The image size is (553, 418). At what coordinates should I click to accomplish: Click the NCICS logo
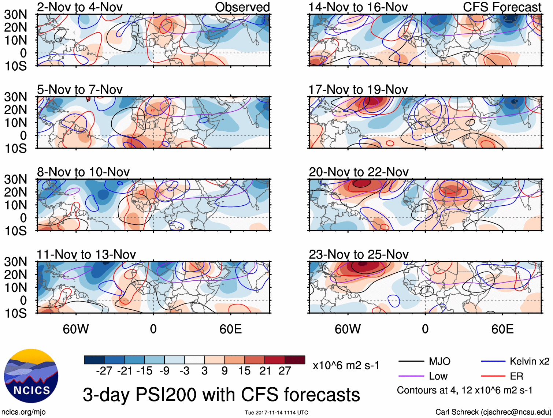(31, 376)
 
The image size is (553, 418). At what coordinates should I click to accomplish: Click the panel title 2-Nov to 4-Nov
(79, 7)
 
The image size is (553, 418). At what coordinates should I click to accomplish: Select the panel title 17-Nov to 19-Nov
(358, 90)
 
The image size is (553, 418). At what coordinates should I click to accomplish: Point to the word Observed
(242, 7)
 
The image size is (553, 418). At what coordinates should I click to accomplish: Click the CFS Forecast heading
(502, 7)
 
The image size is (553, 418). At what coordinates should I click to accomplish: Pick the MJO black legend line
(411, 362)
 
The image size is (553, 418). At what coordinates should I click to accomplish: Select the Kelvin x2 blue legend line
(493, 362)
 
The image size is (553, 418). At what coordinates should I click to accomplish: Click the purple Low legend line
(411, 376)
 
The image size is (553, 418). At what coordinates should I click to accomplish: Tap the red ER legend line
(493, 376)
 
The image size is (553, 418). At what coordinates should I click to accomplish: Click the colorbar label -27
(104, 371)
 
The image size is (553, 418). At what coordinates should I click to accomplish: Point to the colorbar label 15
(244, 371)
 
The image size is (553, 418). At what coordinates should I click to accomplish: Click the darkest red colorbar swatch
(295, 360)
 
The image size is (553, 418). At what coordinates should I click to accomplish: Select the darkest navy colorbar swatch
(94, 360)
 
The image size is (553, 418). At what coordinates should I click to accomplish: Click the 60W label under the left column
(76, 329)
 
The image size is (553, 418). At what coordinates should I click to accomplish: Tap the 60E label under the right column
(502, 329)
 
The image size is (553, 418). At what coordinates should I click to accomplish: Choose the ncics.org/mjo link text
(23, 412)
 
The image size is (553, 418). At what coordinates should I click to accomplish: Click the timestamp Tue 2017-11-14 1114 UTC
(276, 413)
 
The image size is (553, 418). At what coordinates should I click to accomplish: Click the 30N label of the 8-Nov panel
(16, 179)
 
